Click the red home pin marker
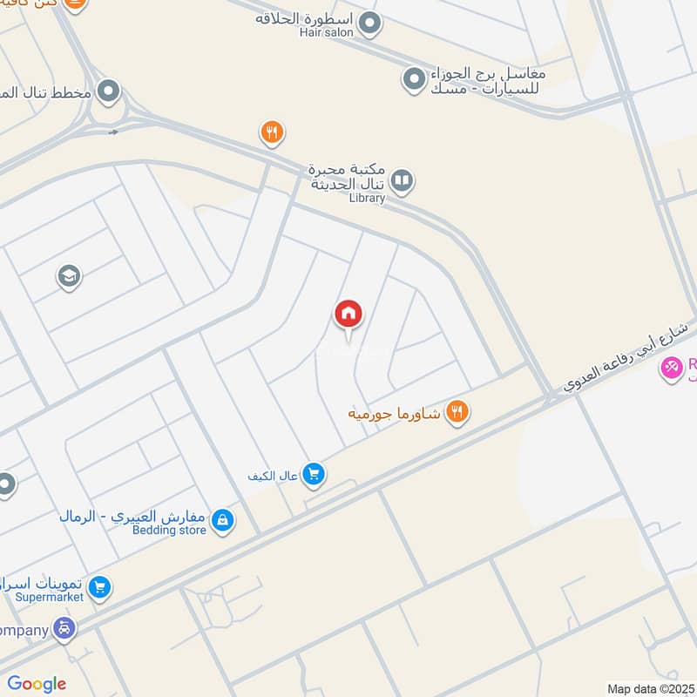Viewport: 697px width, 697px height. coord(348,315)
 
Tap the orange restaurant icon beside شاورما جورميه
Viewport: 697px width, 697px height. coord(457,411)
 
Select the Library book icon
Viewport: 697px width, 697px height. coord(401,180)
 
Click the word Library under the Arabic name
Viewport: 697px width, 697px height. coord(366,198)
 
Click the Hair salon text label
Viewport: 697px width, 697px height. coord(327,32)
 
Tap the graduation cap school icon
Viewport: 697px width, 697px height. coord(68,277)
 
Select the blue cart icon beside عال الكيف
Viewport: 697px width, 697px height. coord(315,475)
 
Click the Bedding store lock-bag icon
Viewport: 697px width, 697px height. coord(223,521)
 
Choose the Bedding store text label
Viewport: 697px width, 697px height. coord(171,530)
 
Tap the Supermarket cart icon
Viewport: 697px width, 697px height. coord(99,588)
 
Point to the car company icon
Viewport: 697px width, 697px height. coord(64,628)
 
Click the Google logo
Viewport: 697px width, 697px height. coord(37,684)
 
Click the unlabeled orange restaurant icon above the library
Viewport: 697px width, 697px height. coord(272,132)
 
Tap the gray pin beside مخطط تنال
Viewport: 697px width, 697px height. coord(108,91)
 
